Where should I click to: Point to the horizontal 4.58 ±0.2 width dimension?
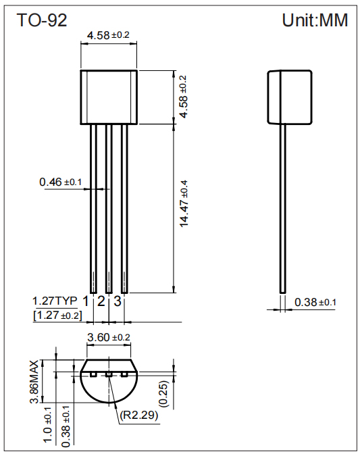pos(109,34)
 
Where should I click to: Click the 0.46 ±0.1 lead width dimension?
pos(60,182)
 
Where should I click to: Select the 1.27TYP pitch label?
pos(55,301)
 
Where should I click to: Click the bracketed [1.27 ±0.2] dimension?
pos(57,315)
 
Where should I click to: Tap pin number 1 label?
pos(86,301)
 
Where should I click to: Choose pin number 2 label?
pos(101,301)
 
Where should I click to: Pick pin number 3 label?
pos(117,301)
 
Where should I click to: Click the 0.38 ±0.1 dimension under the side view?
pos(315,302)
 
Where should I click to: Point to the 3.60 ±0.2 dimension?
pos(109,337)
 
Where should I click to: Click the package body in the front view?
pos(109,97)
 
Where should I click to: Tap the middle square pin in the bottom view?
pos(108,374)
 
